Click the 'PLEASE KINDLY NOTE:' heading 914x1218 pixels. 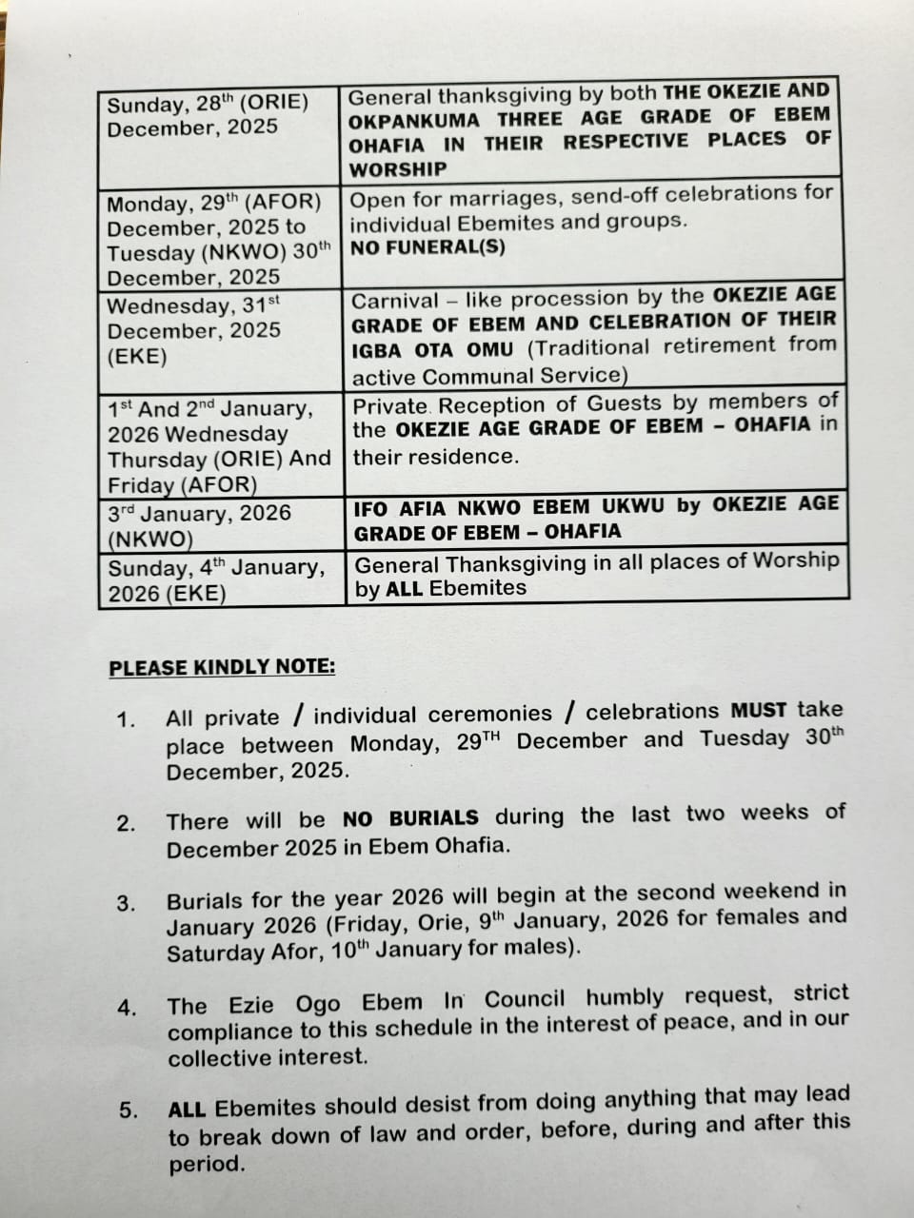tap(222, 667)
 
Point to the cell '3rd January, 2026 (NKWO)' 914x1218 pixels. tap(199, 525)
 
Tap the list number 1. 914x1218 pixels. tap(126, 719)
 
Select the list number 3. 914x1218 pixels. tap(126, 903)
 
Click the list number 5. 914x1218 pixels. tap(129, 1110)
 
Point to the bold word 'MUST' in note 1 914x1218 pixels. tap(759, 710)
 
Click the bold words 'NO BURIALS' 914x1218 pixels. tap(410, 818)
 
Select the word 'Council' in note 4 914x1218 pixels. tap(524, 1000)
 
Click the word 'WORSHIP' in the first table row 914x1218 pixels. tap(398, 169)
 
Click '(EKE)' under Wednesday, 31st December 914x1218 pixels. tap(137, 357)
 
